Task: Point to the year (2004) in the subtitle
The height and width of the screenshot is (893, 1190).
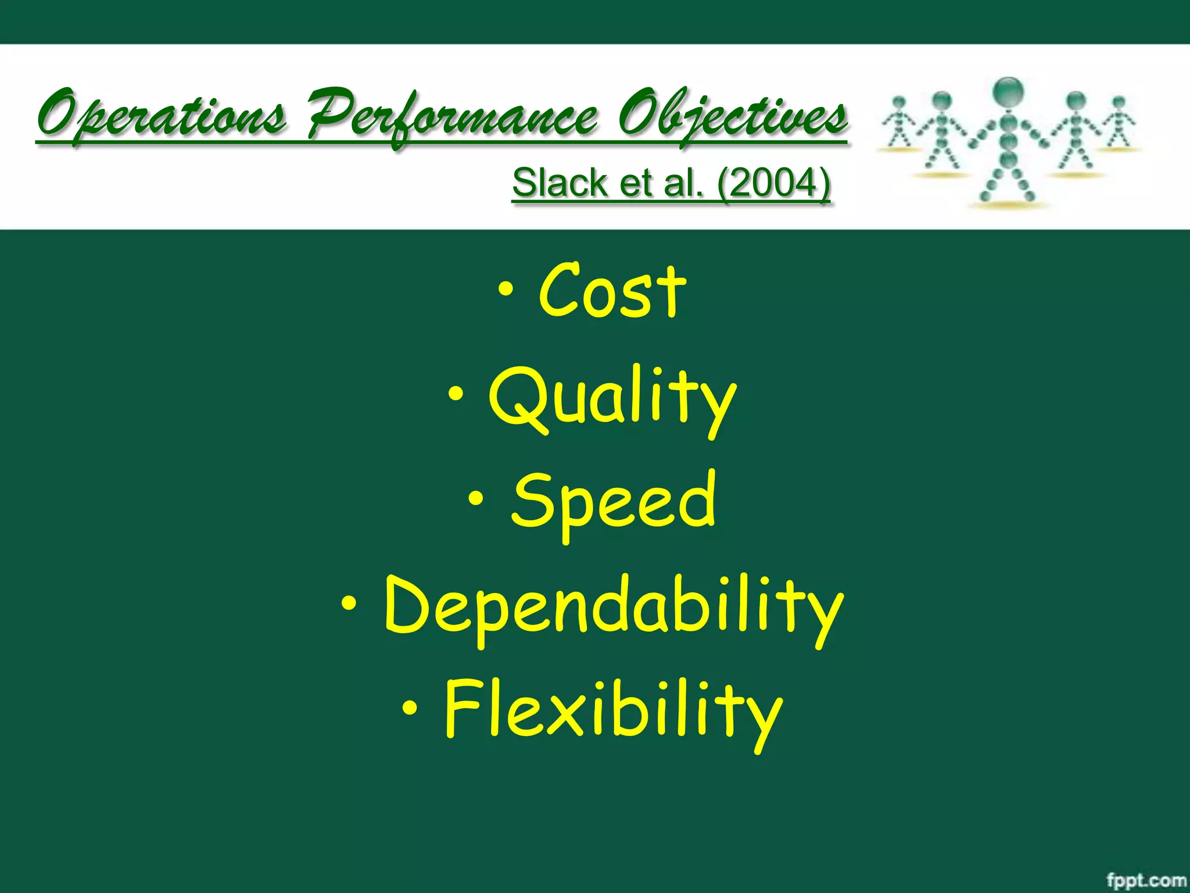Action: [x=773, y=183]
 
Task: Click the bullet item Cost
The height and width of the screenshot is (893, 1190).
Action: [x=612, y=291]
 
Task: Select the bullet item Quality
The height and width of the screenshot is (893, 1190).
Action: [x=612, y=398]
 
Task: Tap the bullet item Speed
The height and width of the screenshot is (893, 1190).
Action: [x=614, y=501]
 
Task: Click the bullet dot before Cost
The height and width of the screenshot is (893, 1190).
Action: [x=506, y=288]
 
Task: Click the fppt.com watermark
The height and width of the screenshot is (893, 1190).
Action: [x=1146, y=880]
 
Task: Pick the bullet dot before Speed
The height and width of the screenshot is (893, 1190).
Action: [x=476, y=499]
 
